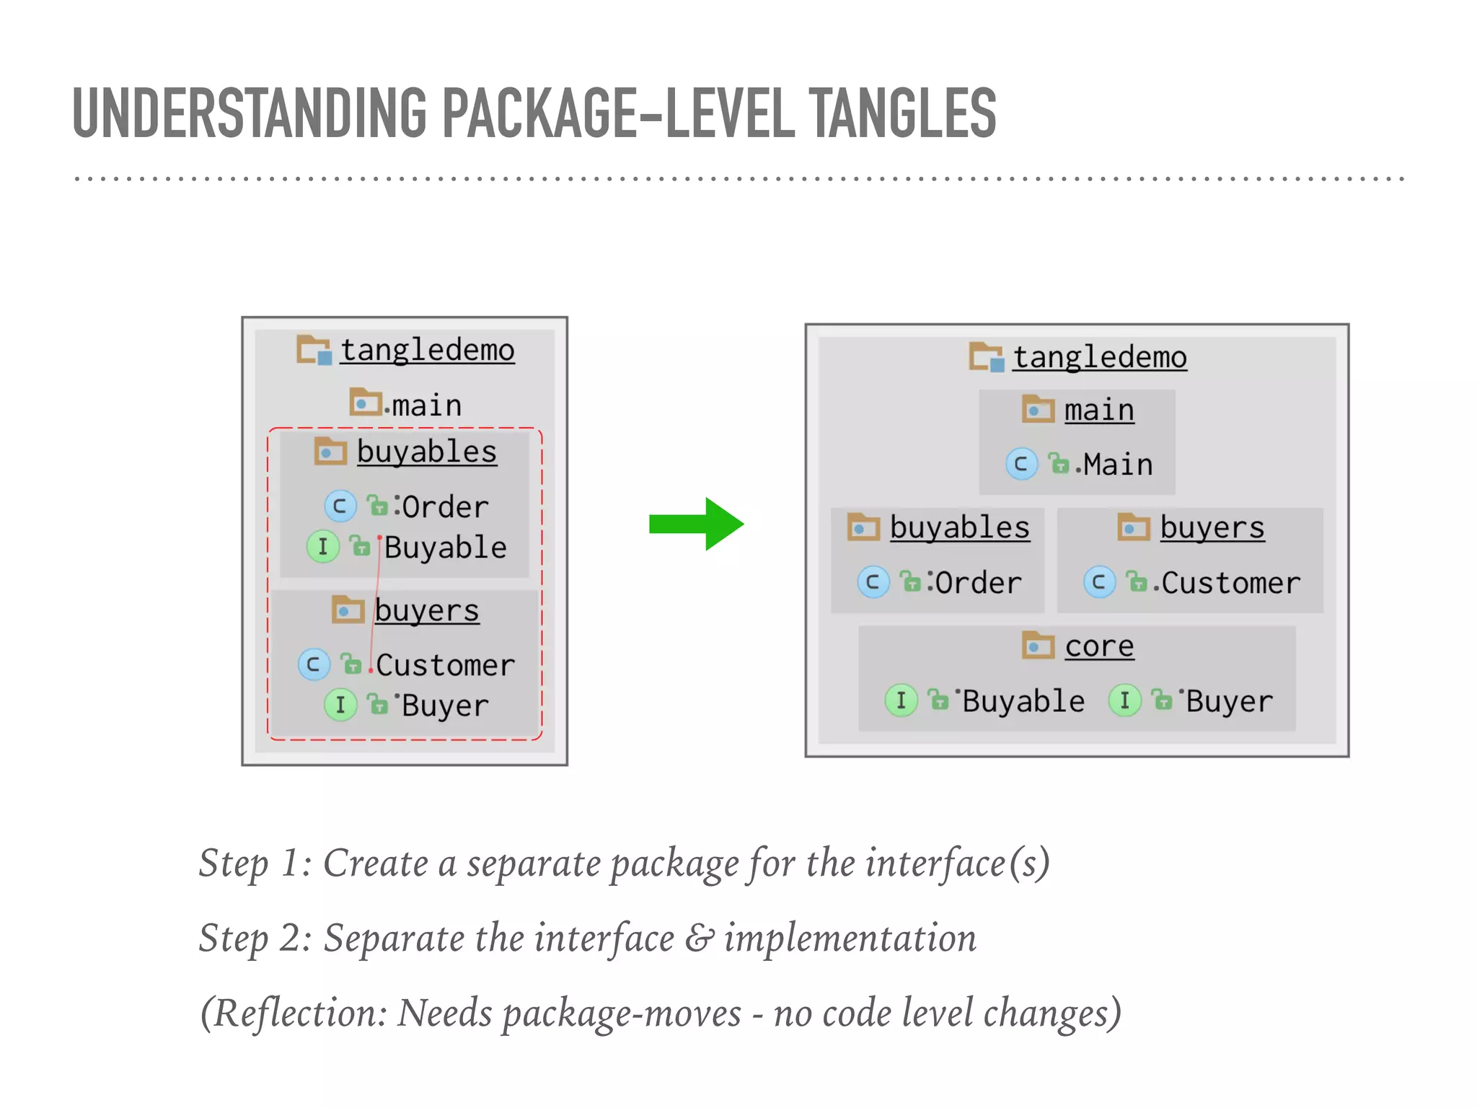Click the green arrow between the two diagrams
(x=695, y=524)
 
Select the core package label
(x=1099, y=646)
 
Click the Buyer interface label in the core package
(x=1229, y=701)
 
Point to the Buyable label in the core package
(x=1023, y=701)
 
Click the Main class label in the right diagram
(x=1117, y=465)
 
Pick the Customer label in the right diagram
(x=1230, y=583)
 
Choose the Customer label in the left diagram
(x=445, y=665)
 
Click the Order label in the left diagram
(x=445, y=507)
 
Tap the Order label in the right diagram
(x=978, y=583)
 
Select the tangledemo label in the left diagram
(x=427, y=351)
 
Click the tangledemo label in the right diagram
(x=1099, y=357)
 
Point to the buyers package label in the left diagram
(x=426, y=611)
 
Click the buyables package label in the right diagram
(x=959, y=527)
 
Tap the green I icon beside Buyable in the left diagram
(x=322, y=547)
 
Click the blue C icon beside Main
(x=1021, y=464)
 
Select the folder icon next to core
(x=1039, y=645)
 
